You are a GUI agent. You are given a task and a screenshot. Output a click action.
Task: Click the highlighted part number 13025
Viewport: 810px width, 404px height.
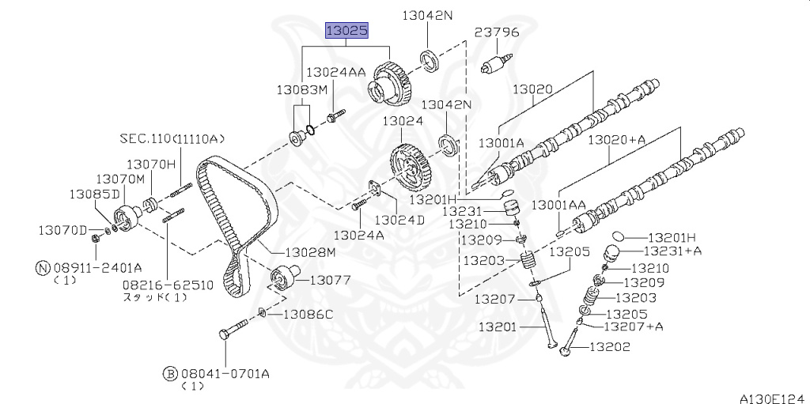(x=346, y=31)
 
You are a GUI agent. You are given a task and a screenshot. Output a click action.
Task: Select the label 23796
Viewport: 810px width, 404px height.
(x=497, y=32)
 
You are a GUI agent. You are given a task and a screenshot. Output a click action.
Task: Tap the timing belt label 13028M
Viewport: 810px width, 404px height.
(x=310, y=253)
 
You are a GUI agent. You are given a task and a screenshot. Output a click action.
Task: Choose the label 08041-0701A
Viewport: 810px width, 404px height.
(x=224, y=373)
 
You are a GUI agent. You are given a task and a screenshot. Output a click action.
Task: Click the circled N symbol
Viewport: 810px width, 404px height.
(x=43, y=267)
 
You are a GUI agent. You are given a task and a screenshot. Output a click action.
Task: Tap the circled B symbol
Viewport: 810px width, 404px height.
(x=169, y=373)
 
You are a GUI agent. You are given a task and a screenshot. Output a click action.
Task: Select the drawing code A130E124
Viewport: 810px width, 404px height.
(x=774, y=398)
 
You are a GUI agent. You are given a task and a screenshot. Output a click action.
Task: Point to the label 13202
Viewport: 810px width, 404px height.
(x=610, y=346)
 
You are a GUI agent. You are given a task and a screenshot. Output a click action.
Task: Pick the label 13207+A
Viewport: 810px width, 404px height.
(x=634, y=326)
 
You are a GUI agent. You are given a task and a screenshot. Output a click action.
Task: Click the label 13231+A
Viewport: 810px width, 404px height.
(x=672, y=251)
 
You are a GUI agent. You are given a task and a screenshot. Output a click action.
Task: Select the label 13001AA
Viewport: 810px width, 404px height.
(x=559, y=205)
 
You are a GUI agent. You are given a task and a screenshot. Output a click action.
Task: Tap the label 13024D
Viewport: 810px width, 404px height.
(x=399, y=220)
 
